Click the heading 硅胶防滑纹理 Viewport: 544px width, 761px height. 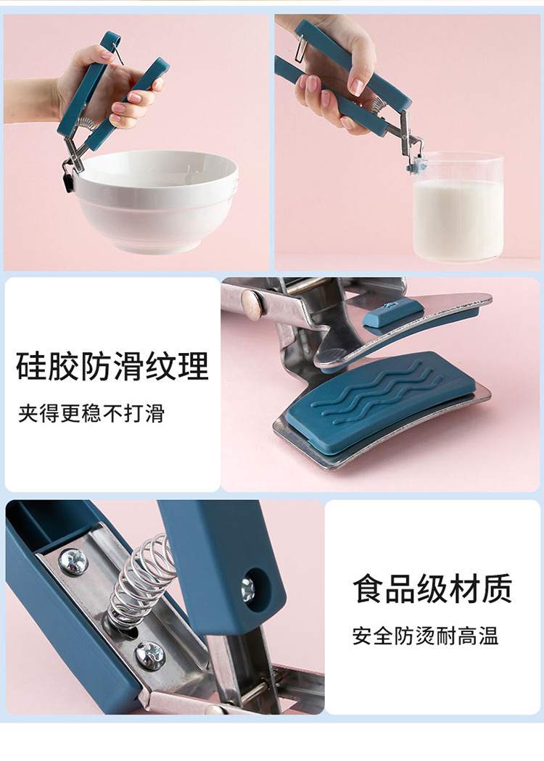[112, 366]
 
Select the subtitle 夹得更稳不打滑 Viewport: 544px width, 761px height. [91, 414]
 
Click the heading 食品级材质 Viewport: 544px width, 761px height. [432, 589]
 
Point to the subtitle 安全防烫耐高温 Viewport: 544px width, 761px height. [426, 636]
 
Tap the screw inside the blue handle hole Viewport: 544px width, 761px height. [248, 590]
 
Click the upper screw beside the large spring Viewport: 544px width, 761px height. [73, 562]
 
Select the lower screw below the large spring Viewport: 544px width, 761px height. [150, 655]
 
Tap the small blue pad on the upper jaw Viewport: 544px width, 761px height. [392, 312]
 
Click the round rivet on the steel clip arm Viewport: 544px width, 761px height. [252, 302]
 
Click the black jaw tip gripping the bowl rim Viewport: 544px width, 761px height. [68, 180]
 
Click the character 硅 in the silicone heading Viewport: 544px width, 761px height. [32, 366]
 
